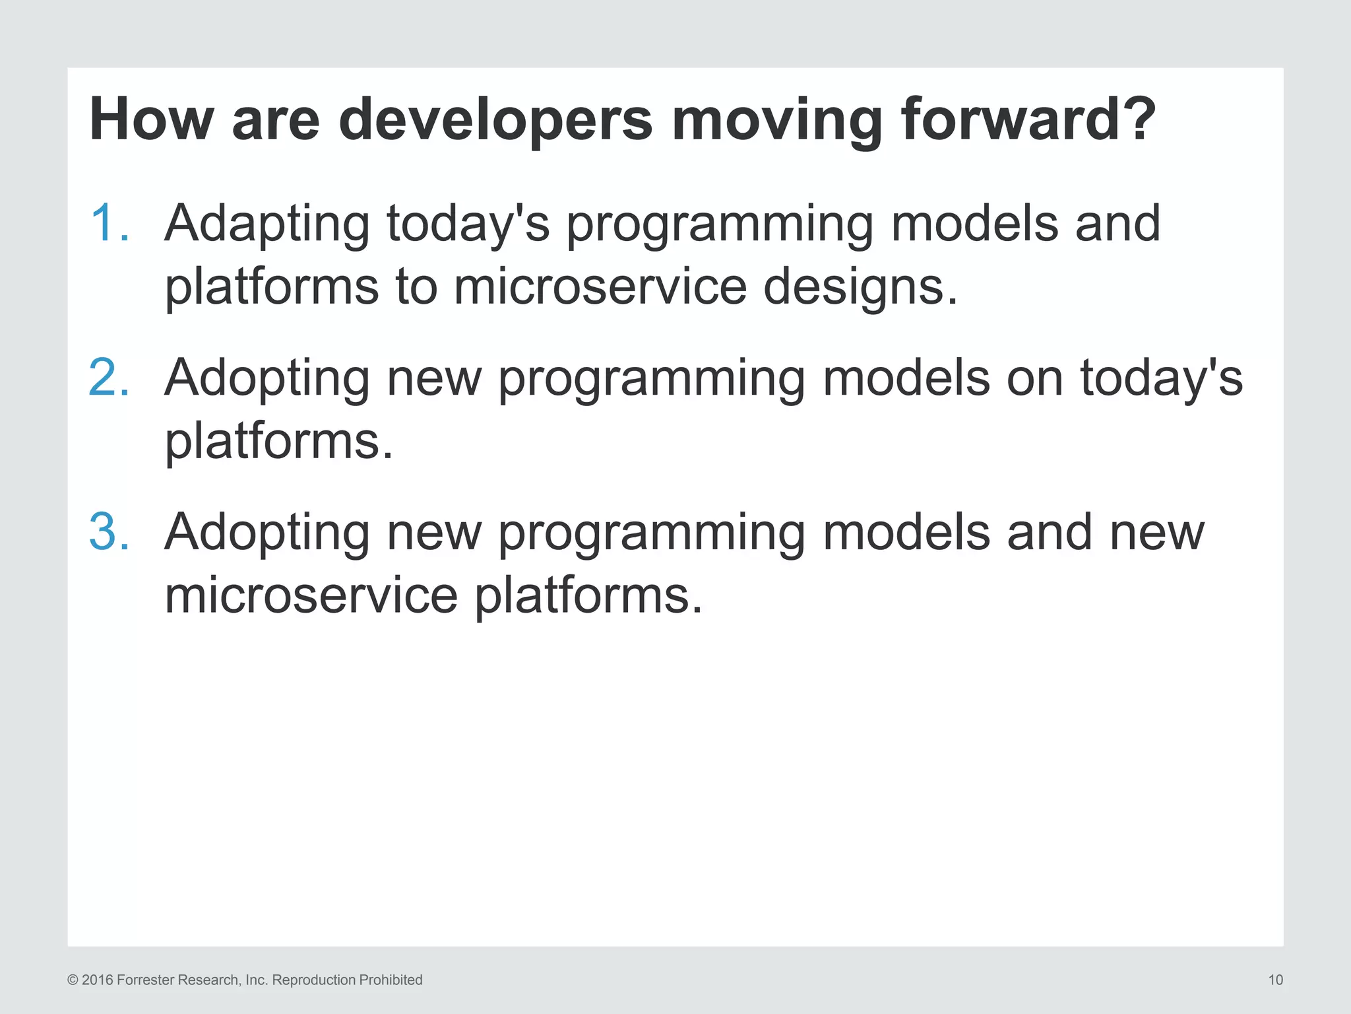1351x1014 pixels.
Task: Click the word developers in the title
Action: pos(495,120)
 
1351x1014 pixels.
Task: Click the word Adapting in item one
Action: pos(267,224)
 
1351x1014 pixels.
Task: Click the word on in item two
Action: pos(1034,378)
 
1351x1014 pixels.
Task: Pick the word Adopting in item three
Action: pos(267,533)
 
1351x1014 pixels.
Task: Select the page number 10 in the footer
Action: pos(1275,980)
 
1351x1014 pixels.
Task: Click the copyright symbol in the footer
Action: pos(73,980)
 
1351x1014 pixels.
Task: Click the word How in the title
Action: pos(151,120)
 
